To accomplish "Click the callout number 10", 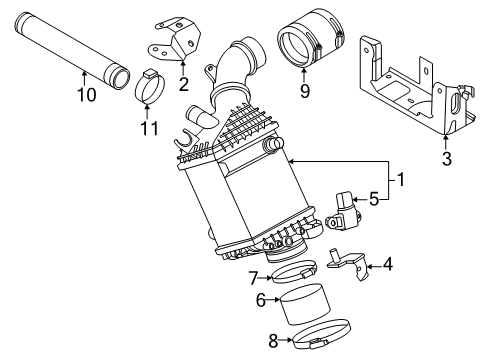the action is (87, 94).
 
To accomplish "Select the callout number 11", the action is (149, 128).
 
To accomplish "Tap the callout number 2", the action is (184, 84).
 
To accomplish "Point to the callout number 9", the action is (305, 91).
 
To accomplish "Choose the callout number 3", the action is (447, 159).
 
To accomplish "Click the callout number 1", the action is (400, 179).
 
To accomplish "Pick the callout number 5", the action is (374, 199).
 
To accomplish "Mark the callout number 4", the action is (388, 265).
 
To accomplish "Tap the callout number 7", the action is (254, 278).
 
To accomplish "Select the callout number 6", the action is (261, 300).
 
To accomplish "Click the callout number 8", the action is (273, 341).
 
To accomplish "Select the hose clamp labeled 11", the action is (150, 87).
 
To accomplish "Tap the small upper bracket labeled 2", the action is (175, 41).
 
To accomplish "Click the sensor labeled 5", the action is (342, 211).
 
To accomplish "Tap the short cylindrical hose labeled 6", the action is (304, 304).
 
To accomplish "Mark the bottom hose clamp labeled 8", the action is (321, 334).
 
